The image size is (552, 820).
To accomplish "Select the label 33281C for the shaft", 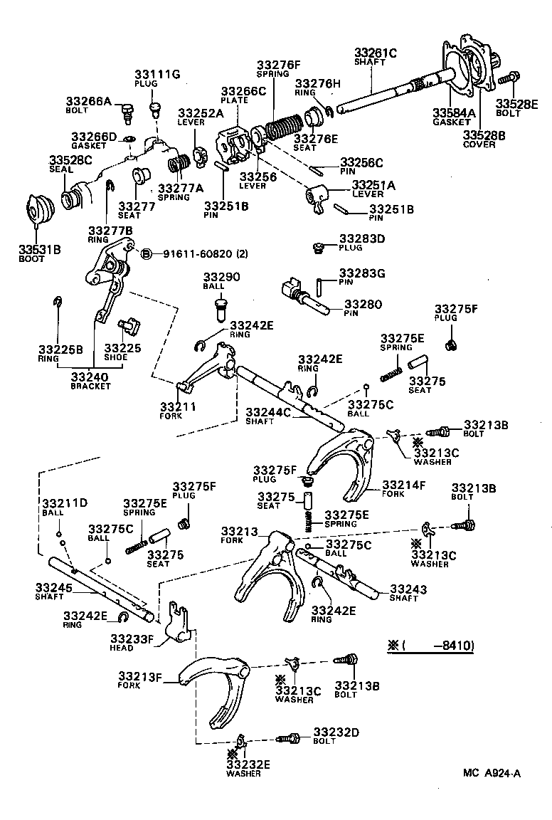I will (376, 51).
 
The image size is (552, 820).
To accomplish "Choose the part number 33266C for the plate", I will (243, 91).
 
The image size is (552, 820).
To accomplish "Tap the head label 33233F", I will (132, 638).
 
